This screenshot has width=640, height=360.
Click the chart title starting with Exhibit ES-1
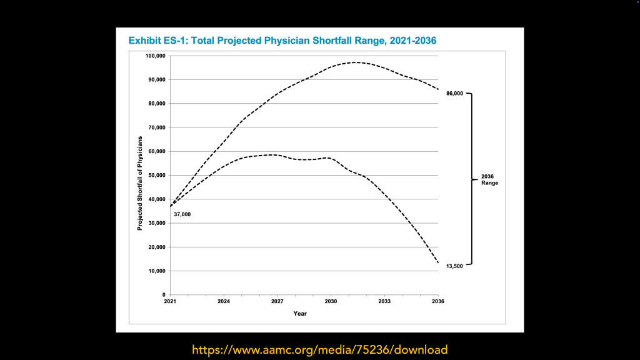coord(282,41)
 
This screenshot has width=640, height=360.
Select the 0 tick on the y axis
coord(164,294)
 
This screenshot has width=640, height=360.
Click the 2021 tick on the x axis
coord(170,302)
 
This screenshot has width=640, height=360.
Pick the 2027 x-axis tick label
coord(277,302)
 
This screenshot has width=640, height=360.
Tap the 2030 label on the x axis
coord(331,302)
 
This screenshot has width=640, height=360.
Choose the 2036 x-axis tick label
coord(438,302)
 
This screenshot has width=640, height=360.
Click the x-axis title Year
coord(300,313)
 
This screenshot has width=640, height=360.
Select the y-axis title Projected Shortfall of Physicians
coord(140,182)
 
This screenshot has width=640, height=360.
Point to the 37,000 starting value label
coord(182,215)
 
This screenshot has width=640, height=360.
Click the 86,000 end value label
coord(454,94)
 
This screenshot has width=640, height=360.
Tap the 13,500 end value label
coord(454,266)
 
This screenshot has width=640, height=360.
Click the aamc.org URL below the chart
coord(319,349)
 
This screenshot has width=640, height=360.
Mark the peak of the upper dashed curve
coord(355,62)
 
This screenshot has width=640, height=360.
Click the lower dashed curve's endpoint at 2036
coord(438,262)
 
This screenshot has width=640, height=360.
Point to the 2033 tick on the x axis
coord(384,302)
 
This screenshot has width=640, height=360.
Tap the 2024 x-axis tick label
coord(224,302)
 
